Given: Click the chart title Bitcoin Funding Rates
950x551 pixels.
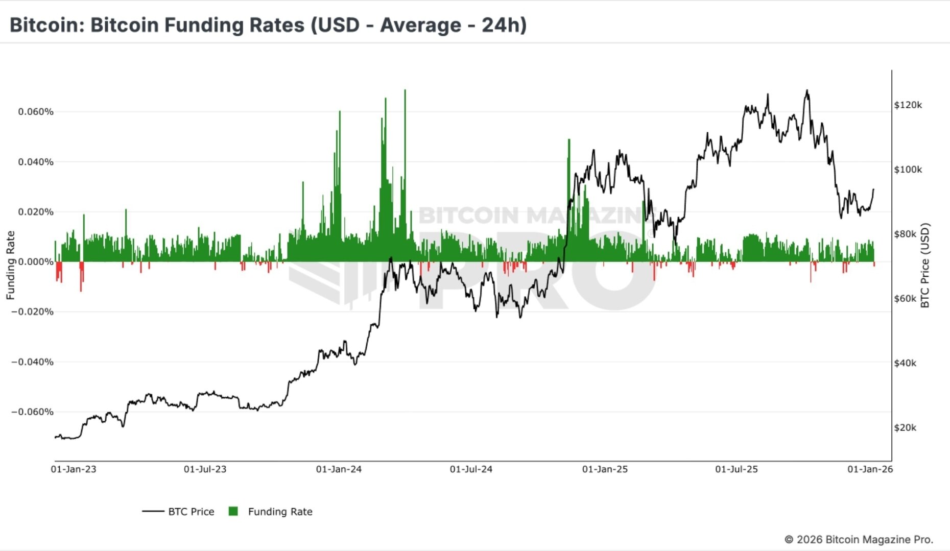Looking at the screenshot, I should tap(268, 25).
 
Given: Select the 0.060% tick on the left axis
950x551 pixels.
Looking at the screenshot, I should tap(36, 112).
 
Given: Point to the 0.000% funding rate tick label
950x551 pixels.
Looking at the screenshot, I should tap(36, 262).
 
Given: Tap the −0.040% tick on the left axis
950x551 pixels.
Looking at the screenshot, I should tap(33, 362).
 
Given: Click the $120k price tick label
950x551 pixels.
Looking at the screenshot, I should tap(908, 105).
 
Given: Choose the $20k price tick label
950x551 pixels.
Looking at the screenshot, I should tap(905, 428).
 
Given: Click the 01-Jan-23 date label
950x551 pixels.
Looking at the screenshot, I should tap(74, 469).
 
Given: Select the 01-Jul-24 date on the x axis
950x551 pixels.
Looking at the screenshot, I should tap(471, 469).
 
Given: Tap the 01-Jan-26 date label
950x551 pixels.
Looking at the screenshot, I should tap(870, 469).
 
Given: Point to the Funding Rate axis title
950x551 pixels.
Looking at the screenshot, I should tap(10, 265).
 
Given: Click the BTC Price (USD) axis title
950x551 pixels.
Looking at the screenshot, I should tap(924, 266).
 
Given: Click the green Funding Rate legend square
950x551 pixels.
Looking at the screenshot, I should tap(233, 511).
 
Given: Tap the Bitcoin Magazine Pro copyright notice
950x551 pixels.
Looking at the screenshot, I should tap(859, 539).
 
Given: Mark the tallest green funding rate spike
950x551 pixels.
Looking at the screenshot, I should tap(405, 91).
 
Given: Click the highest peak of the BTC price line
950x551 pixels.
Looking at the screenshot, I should tap(807, 91).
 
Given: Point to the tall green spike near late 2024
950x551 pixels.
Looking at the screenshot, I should tap(568, 140).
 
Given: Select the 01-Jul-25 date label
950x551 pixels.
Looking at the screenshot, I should tap(737, 469).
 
